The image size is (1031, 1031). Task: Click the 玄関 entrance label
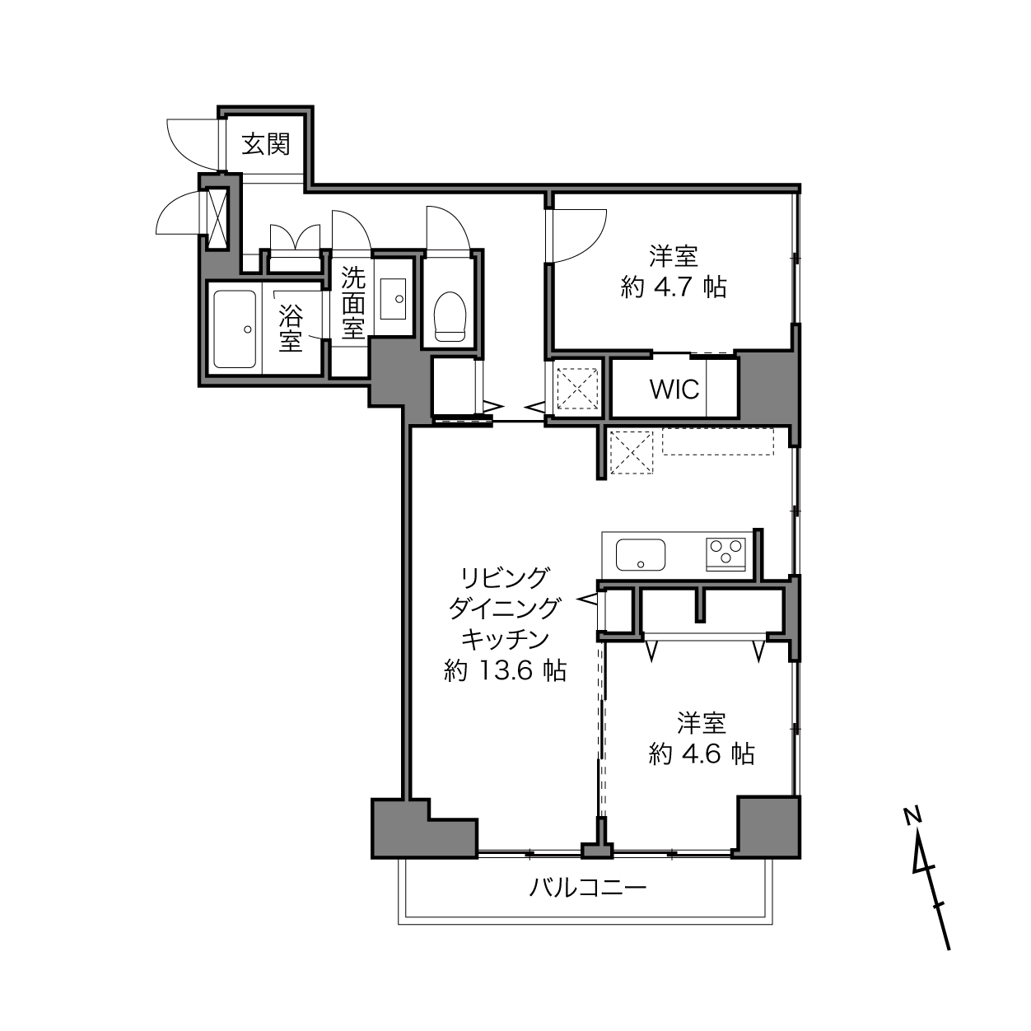266,144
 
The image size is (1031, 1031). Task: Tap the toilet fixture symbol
450,316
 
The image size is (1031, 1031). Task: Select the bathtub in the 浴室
235,329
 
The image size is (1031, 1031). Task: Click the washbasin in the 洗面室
394,299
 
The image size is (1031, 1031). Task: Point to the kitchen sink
641,555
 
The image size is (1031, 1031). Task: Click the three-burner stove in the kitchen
726,554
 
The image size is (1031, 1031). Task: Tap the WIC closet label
674,390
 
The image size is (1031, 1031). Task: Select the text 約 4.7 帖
674,288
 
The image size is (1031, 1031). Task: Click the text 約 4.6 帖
702,754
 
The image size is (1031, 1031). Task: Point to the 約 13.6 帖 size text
505,670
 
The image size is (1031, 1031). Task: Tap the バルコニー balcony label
588,889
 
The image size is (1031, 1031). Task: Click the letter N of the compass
912,815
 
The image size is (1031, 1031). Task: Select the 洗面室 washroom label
353,303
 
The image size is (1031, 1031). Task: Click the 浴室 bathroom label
291,329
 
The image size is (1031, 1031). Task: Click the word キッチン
505,639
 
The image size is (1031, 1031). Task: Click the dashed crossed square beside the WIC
577,389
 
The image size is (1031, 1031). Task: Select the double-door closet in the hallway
295,237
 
